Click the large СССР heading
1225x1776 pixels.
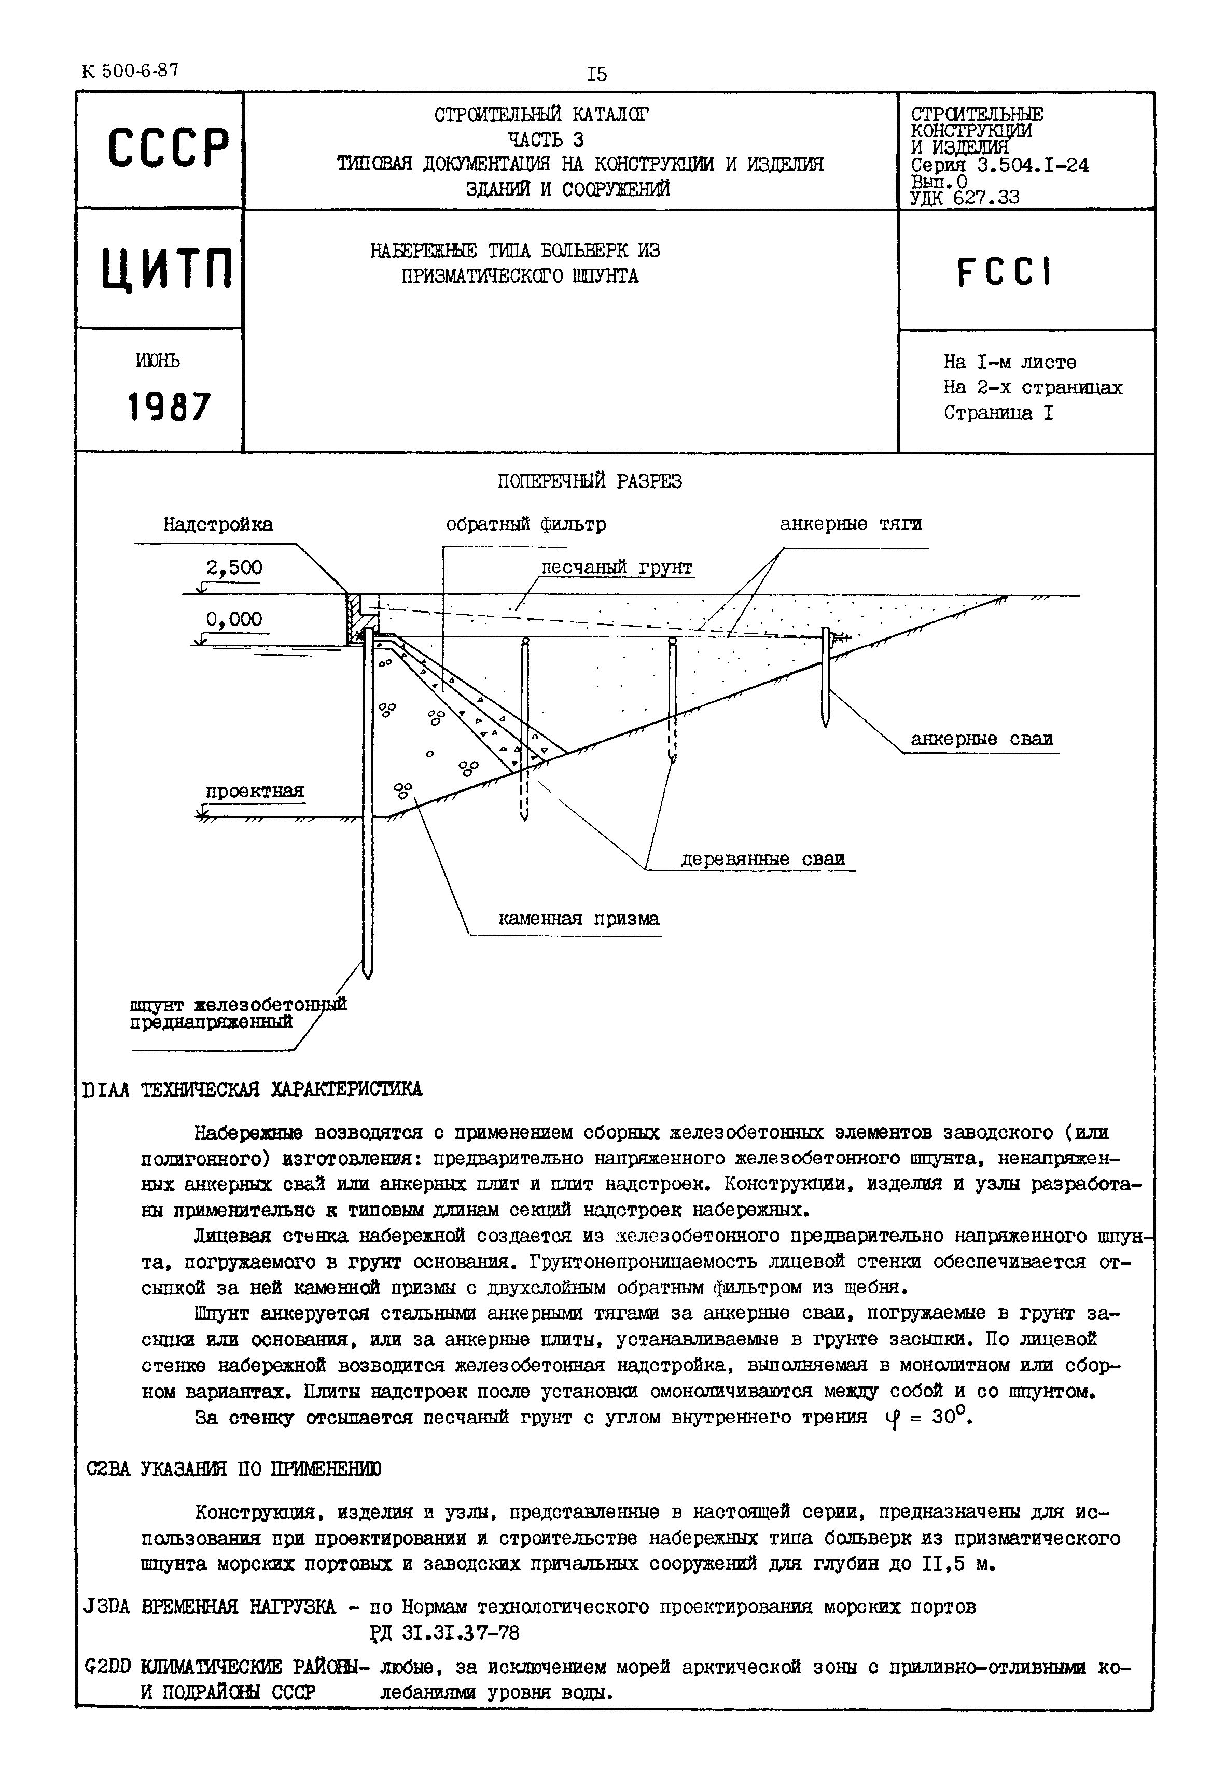pos(168,148)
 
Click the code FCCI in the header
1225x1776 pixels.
pos(1005,272)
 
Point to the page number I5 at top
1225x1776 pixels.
pos(596,75)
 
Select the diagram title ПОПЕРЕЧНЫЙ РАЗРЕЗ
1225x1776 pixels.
pos(590,481)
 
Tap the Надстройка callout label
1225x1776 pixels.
pos(218,524)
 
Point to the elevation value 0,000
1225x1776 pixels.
pos(234,619)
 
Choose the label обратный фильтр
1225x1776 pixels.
pos(526,524)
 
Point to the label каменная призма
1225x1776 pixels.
pos(579,919)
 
